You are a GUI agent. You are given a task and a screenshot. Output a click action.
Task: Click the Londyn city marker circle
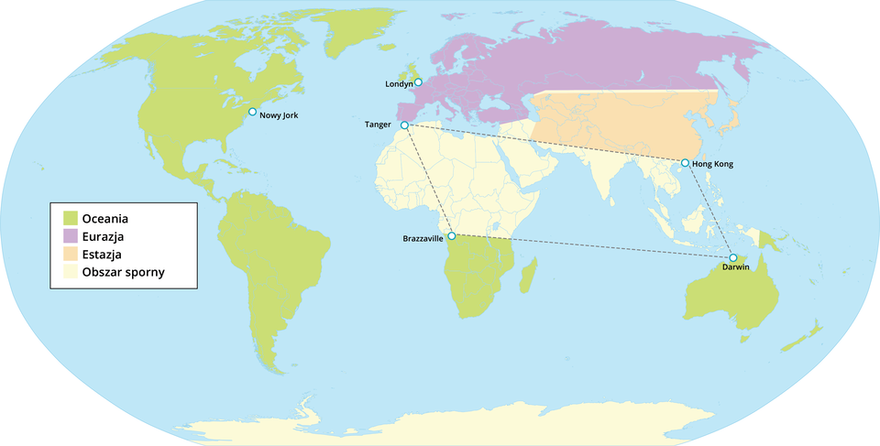coord(418,82)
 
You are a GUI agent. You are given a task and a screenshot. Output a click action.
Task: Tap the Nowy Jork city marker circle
coord(253,112)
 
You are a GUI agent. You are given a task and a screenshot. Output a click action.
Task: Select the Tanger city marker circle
coord(404,125)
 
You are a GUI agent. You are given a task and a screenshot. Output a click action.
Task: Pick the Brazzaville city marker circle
coord(451,236)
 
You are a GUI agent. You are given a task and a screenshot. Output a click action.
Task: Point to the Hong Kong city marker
coord(685,163)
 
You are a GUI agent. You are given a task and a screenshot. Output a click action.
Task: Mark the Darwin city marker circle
coord(732,257)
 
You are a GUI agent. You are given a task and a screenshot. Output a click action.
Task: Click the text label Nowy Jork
coord(280,115)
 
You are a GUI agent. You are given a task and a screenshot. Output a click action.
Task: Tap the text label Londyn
coord(398,84)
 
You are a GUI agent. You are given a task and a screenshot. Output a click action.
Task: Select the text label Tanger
coord(378,124)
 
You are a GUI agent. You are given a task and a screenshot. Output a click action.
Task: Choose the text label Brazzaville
coord(423,239)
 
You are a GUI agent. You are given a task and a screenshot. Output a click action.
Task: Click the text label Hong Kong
coord(713,164)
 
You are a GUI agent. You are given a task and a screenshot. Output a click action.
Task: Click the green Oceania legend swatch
coord(68,218)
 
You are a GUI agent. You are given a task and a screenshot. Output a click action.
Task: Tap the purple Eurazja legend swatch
coord(68,236)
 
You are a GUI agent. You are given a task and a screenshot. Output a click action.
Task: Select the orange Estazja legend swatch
coord(68,254)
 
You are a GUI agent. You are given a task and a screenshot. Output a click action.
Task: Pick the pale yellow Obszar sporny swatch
coord(68,272)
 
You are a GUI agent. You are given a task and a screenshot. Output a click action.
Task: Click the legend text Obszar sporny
coord(123,272)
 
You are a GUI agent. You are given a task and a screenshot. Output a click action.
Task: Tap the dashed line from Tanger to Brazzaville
coord(428,180)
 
